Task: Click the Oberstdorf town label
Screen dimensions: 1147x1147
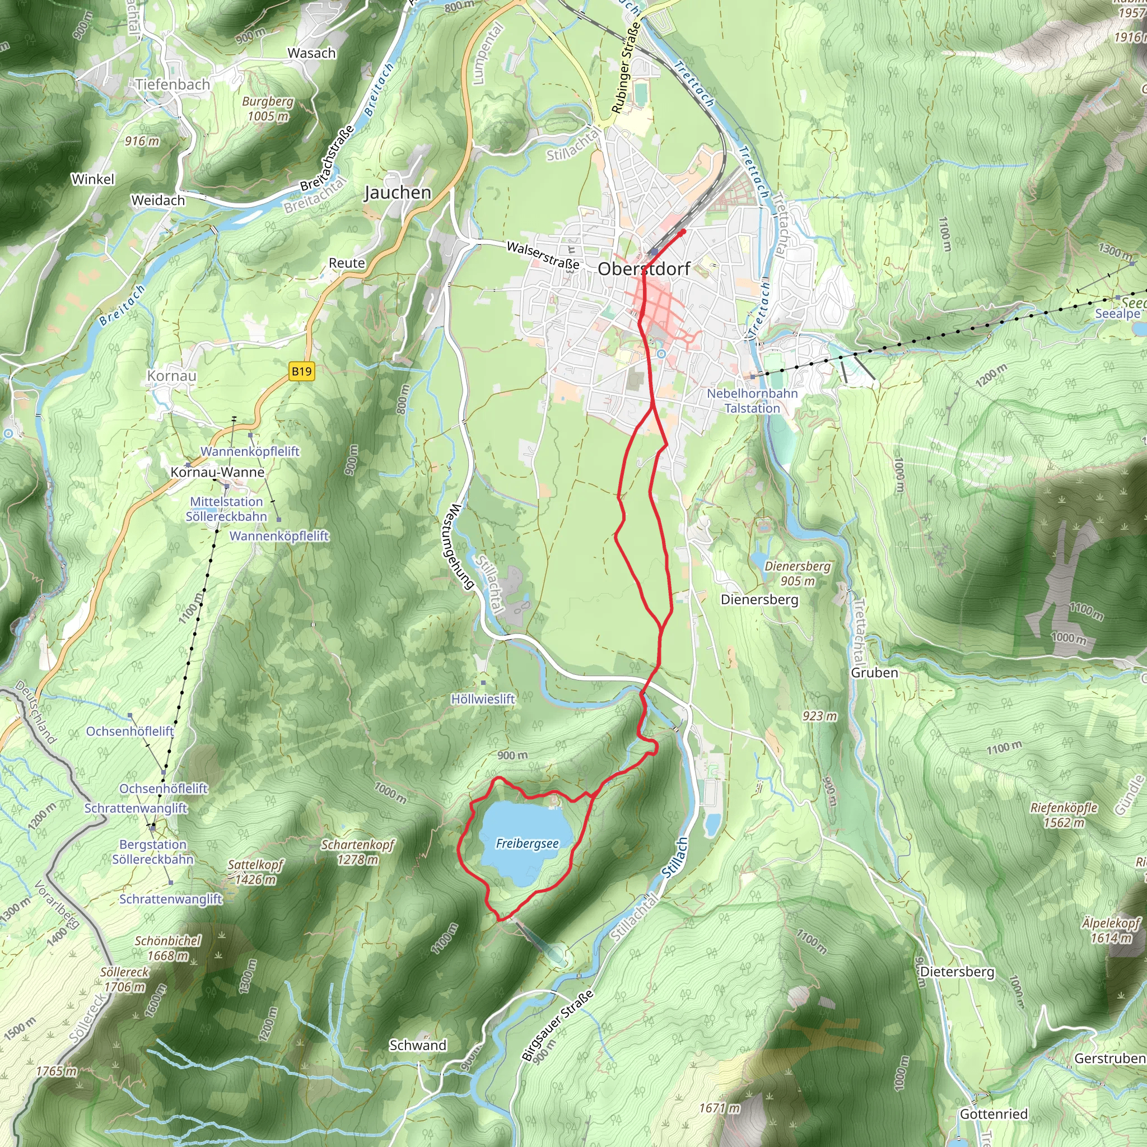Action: pyautogui.click(x=644, y=269)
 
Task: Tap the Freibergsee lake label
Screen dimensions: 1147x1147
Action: pyautogui.click(x=527, y=843)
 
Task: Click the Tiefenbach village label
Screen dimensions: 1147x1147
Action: pyautogui.click(x=172, y=85)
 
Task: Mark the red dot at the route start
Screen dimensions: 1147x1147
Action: pyautogui.click(x=683, y=231)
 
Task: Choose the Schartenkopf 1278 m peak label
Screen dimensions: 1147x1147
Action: pyautogui.click(x=357, y=852)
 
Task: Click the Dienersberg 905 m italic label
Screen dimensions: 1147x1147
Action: pyautogui.click(x=798, y=573)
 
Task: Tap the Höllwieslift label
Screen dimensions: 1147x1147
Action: pyautogui.click(x=483, y=699)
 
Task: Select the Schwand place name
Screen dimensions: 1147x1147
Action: pyautogui.click(x=417, y=1045)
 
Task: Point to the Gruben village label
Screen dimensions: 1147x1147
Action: pyautogui.click(x=874, y=673)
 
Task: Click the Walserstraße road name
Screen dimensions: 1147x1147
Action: pyautogui.click(x=543, y=255)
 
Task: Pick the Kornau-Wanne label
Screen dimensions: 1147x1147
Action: pyautogui.click(x=217, y=472)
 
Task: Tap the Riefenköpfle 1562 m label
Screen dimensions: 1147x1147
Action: pyautogui.click(x=1064, y=814)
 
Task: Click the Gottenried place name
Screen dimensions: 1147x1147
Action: pyautogui.click(x=993, y=1114)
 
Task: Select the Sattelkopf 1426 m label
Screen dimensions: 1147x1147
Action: pyautogui.click(x=255, y=872)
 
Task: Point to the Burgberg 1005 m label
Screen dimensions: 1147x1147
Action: pyautogui.click(x=268, y=109)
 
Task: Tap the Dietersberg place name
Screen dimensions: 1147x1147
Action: pyautogui.click(x=957, y=972)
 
